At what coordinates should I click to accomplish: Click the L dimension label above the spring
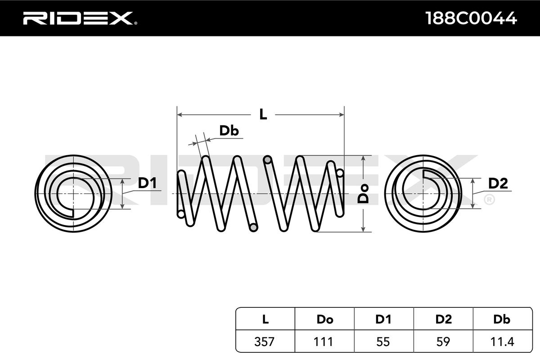(263, 114)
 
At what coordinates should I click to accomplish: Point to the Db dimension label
(229, 130)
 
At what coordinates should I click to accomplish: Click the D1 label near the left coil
(147, 183)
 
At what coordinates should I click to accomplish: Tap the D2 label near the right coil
(498, 183)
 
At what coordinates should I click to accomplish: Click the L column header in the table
(265, 319)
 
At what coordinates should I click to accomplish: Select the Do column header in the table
(324, 319)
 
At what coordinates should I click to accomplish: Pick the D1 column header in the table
(383, 319)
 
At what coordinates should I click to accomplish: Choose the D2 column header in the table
(443, 319)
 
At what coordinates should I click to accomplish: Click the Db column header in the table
(502, 319)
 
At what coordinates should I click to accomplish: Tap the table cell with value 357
(265, 342)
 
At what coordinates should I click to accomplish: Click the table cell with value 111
(324, 342)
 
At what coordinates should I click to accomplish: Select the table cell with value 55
(383, 342)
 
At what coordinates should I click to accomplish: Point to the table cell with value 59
(443, 342)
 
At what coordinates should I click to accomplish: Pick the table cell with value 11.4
(502, 342)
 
